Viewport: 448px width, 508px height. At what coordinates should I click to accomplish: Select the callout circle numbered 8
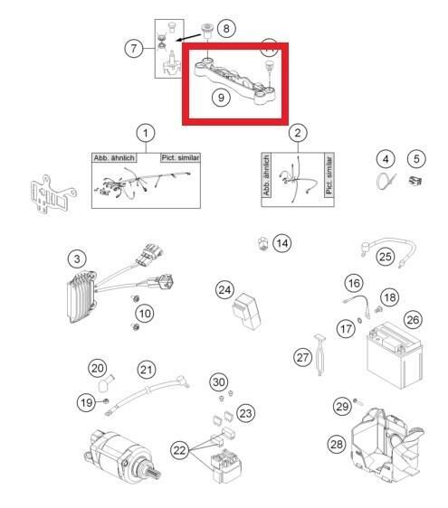pyautogui.click(x=226, y=28)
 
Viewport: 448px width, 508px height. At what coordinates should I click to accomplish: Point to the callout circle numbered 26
pyautogui.click(x=413, y=319)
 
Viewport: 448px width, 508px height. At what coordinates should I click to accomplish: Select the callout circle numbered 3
pyautogui.click(x=79, y=259)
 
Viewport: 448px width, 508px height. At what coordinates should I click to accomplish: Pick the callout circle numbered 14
pyautogui.click(x=283, y=242)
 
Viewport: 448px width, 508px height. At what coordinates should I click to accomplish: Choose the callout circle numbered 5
pyautogui.click(x=415, y=159)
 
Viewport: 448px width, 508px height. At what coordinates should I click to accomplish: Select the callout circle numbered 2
pyautogui.click(x=297, y=134)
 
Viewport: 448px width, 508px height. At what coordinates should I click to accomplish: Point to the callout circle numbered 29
pyautogui.click(x=342, y=407)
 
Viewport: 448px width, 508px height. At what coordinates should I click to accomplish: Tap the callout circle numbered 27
pyautogui.click(x=302, y=358)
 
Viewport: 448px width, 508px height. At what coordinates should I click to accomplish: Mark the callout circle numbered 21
pyautogui.click(x=145, y=369)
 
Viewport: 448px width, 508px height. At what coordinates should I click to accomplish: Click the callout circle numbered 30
pyautogui.click(x=218, y=381)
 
